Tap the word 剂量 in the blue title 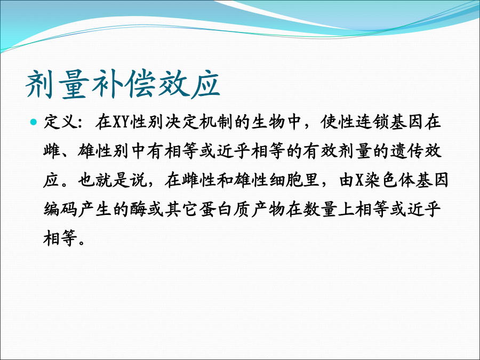[57, 84]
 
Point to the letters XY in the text [122, 122]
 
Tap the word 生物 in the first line [268, 122]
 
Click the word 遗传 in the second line [407, 151]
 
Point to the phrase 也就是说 [113, 180]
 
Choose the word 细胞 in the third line [286, 180]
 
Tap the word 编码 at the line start [60, 209]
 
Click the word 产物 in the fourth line [268, 209]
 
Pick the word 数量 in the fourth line [321, 209]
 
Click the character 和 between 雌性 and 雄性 [225, 180]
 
